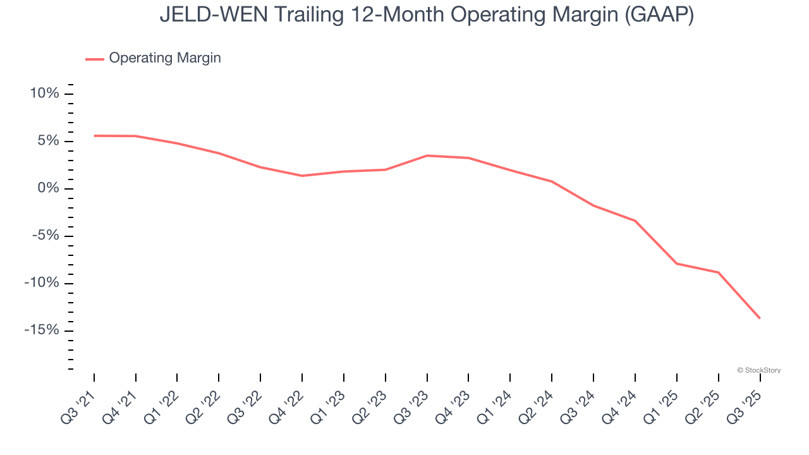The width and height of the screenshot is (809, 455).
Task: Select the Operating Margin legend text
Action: [x=165, y=58]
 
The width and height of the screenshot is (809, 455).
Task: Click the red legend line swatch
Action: [x=95, y=59]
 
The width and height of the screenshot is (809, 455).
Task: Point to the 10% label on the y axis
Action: [x=44, y=94]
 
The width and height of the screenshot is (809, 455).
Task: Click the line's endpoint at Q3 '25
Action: [x=760, y=318]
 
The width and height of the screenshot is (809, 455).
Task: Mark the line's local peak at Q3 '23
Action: [x=427, y=155]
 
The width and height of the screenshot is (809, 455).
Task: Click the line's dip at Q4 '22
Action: [x=302, y=176]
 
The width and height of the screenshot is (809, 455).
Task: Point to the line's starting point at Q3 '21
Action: [x=94, y=136]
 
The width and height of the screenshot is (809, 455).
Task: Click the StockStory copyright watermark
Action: [x=758, y=370]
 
